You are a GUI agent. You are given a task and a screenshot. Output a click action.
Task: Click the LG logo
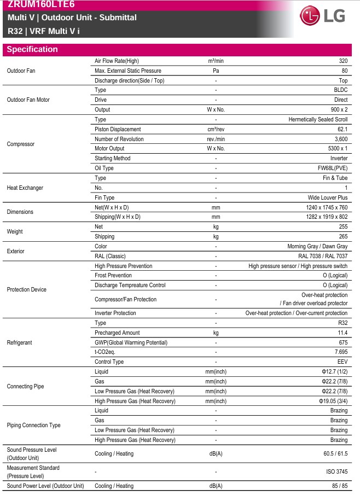(x=323, y=17)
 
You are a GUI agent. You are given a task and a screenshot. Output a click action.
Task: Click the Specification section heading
(x=32, y=49)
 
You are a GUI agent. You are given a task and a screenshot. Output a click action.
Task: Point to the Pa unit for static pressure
(x=216, y=71)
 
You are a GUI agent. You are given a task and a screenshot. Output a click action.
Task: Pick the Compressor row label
(x=20, y=144)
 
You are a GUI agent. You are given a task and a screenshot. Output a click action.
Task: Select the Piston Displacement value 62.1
(x=342, y=129)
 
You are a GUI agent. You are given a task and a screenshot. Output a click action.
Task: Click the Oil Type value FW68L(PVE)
(x=332, y=168)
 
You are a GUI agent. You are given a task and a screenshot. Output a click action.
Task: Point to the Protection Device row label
(x=26, y=289)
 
